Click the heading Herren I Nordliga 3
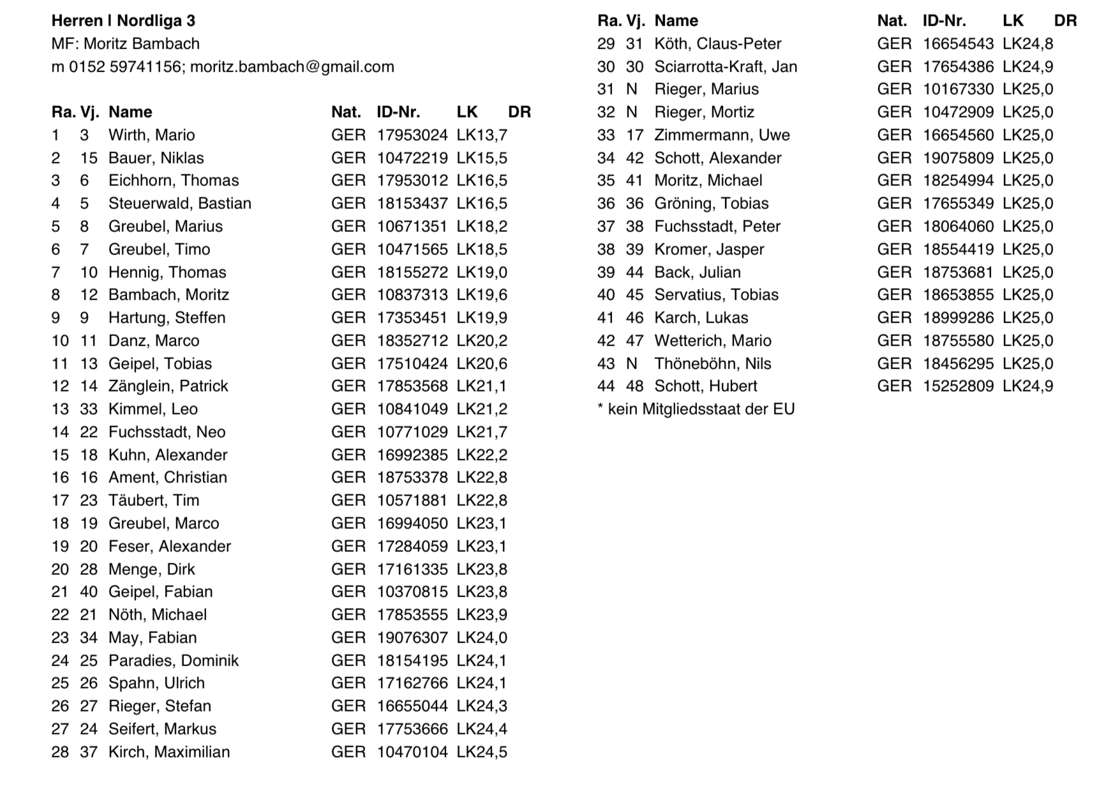pyautogui.click(x=123, y=20)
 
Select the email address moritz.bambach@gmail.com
pyautogui.click(x=292, y=66)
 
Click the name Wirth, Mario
pyautogui.click(x=151, y=135)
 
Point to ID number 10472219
pyautogui.click(x=412, y=158)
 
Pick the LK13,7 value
pyautogui.click(x=482, y=135)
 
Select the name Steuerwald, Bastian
pyautogui.click(x=179, y=203)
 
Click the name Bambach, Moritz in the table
pyautogui.click(x=168, y=294)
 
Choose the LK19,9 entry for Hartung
pyautogui.click(x=482, y=317)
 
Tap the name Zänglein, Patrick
pyautogui.click(x=168, y=386)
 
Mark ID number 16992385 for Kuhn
pyautogui.click(x=412, y=455)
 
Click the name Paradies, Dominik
pyautogui.click(x=173, y=660)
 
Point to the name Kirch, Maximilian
pyautogui.click(x=168, y=752)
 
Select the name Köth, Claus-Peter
pyautogui.click(x=717, y=43)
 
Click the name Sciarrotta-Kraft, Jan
pyautogui.click(x=725, y=66)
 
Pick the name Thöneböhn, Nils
pyautogui.click(x=712, y=363)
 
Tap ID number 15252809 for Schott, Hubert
pyautogui.click(x=957, y=386)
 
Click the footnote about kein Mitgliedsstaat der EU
pyautogui.click(x=696, y=409)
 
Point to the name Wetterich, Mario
pyautogui.click(x=712, y=340)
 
